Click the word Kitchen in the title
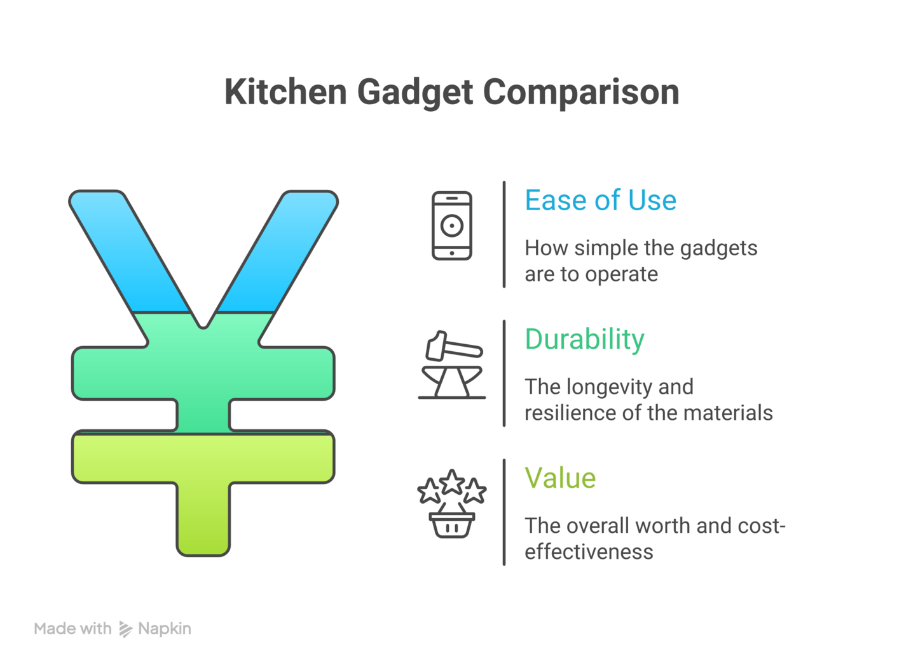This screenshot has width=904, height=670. coord(285,92)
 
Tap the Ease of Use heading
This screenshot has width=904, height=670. coord(600,201)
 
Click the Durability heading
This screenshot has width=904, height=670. coord(584,340)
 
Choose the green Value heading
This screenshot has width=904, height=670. coord(560,478)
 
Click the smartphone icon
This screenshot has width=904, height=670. coord(452,226)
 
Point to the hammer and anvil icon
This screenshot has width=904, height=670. coord(452,365)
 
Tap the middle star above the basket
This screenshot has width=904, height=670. coord(452,483)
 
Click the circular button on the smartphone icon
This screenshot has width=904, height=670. coord(452,225)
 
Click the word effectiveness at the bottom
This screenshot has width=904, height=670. coord(589,552)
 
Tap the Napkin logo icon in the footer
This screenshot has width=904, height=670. coord(126,629)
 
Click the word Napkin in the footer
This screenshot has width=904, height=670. coord(165,629)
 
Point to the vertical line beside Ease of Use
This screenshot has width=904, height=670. coord(504,234)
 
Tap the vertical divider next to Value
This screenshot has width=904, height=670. coord(504,512)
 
